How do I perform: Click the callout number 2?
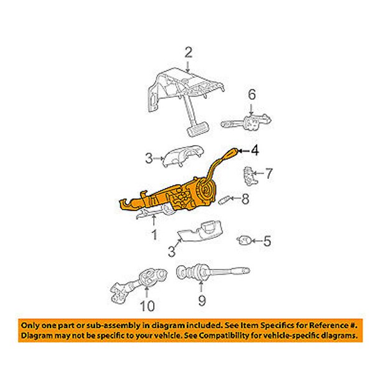click(x=188, y=53)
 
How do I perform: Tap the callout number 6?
click(x=252, y=95)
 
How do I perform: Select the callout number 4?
click(x=255, y=151)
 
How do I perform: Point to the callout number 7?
click(x=268, y=173)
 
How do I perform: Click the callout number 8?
click(x=245, y=199)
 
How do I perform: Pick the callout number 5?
click(x=267, y=241)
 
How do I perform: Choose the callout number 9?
click(x=202, y=300)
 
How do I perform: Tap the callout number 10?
click(x=148, y=306)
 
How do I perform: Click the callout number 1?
click(x=154, y=235)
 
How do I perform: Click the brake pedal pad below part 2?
click(x=198, y=129)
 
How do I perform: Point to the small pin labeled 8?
click(x=223, y=200)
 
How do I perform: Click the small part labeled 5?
click(x=245, y=240)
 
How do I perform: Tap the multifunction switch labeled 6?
click(x=246, y=122)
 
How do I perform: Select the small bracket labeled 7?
click(x=248, y=176)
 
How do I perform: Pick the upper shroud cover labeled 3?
click(x=183, y=156)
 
